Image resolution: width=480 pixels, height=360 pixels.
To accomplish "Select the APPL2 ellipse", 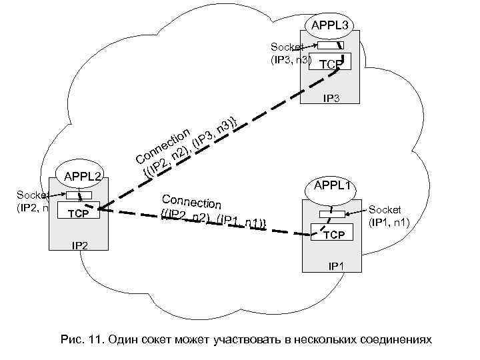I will coord(82,177).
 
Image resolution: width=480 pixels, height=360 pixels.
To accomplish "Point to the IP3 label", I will coord(331,98).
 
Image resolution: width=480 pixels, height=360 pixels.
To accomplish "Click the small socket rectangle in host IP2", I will coord(79,195).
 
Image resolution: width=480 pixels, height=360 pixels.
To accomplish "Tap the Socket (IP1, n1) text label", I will coord(393,215).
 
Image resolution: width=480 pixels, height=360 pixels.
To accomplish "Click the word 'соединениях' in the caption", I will coord(400,340).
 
